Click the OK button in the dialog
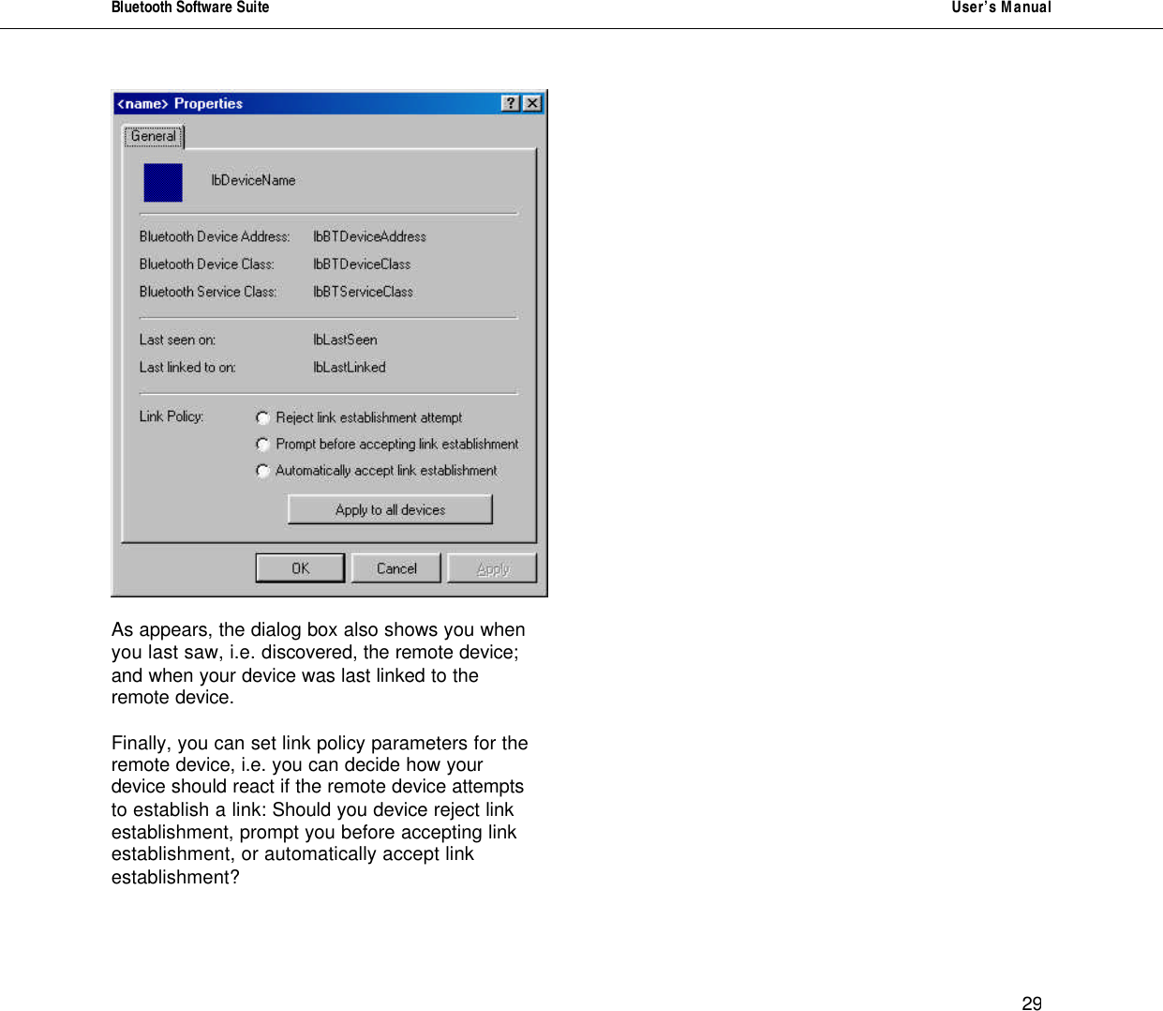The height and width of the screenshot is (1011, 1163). pos(300,568)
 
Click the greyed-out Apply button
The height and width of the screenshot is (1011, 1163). pos(492,568)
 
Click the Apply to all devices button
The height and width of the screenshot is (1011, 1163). pos(390,510)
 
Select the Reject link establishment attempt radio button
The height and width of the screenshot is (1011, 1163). pos(263,418)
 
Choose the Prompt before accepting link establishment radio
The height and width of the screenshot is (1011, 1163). pos(263,445)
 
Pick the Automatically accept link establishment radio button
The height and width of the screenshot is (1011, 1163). pos(263,471)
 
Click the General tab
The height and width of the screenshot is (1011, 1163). pos(154,137)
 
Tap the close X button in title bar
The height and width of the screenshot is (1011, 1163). pos(532,103)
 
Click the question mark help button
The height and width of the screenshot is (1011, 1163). pos(511,103)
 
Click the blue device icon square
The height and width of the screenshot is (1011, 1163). pos(163,182)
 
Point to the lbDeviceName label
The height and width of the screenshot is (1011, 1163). pos(253,180)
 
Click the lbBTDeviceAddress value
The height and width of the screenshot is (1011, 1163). pos(369,236)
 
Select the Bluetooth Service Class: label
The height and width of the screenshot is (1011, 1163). pos(208,292)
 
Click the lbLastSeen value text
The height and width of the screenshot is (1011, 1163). pos(345,340)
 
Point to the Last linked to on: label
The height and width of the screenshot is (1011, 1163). pos(187,368)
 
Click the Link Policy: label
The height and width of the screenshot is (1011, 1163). pos(171,416)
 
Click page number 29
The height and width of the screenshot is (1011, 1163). pos(1032,1003)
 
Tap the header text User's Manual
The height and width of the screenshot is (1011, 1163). pos(1001,8)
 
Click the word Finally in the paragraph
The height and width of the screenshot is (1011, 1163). pos(142,744)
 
